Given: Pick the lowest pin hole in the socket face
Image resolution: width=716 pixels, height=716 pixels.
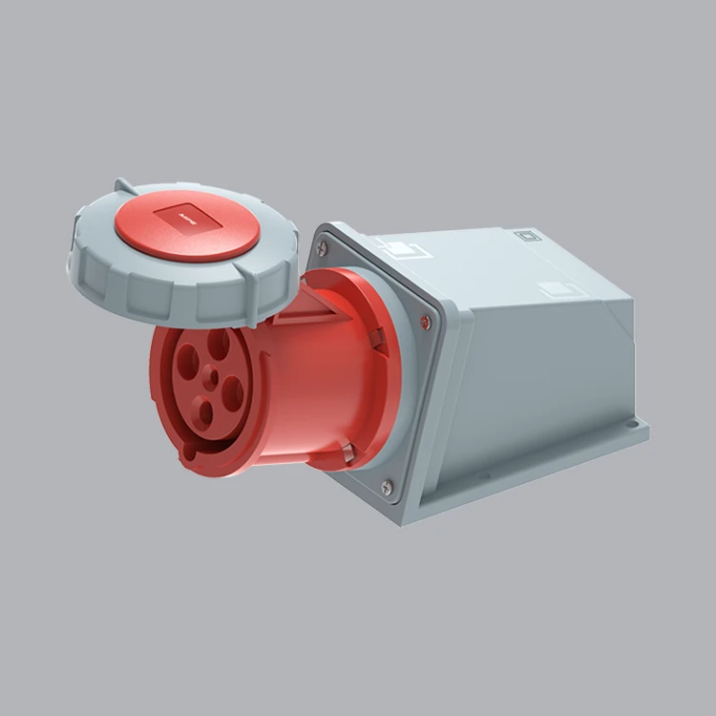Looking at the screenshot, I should point(203,412).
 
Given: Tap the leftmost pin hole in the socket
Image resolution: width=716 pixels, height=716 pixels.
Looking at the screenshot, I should point(187,361).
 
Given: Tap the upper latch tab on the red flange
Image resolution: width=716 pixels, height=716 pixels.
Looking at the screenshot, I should point(378,336).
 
